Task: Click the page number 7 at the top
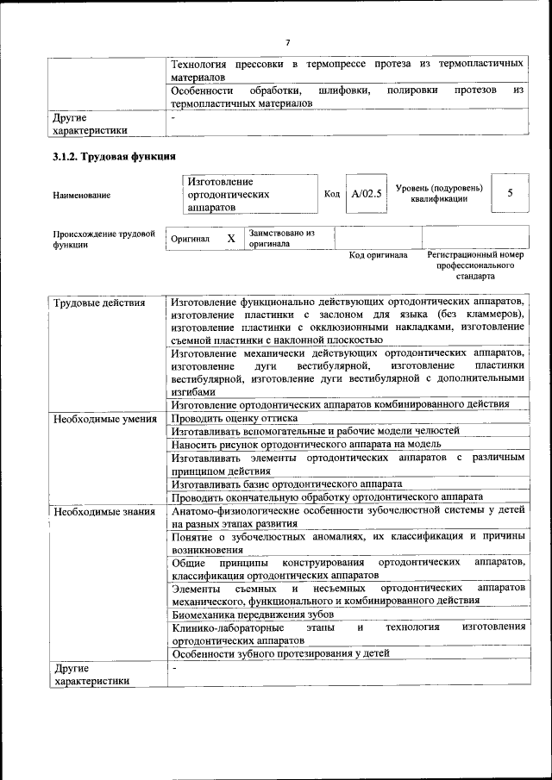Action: click(x=288, y=43)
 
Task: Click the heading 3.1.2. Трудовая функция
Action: click(x=114, y=157)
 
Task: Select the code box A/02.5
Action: click(x=367, y=194)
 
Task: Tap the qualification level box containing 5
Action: click(x=510, y=193)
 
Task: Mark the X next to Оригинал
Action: click(x=231, y=238)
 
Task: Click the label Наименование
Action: click(x=82, y=195)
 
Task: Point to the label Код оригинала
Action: click(x=378, y=255)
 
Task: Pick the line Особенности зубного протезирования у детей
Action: click(x=280, y=653)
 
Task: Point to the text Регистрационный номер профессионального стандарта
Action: click(x=475, y=266)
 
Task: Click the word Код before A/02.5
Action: click(x=332, y=194)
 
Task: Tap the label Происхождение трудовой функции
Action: click(x=103, y=239)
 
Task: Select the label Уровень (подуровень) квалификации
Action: click(x=439, y=193)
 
